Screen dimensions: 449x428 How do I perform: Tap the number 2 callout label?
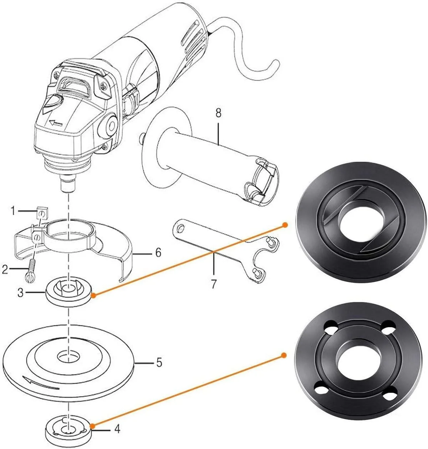(x=5, y=270)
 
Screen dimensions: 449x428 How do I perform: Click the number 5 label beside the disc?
(x=159, y=363)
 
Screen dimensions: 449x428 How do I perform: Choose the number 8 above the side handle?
(x=218, y=114)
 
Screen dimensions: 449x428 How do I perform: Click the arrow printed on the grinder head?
(x=56, y=123)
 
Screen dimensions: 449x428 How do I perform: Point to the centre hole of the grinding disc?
(x=68, y=356)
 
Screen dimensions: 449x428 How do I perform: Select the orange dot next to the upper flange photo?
(x=285, y=225)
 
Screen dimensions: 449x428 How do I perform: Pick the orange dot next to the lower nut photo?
(x=284, y=355)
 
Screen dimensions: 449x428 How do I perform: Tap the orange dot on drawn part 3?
(x=93, y=295)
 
